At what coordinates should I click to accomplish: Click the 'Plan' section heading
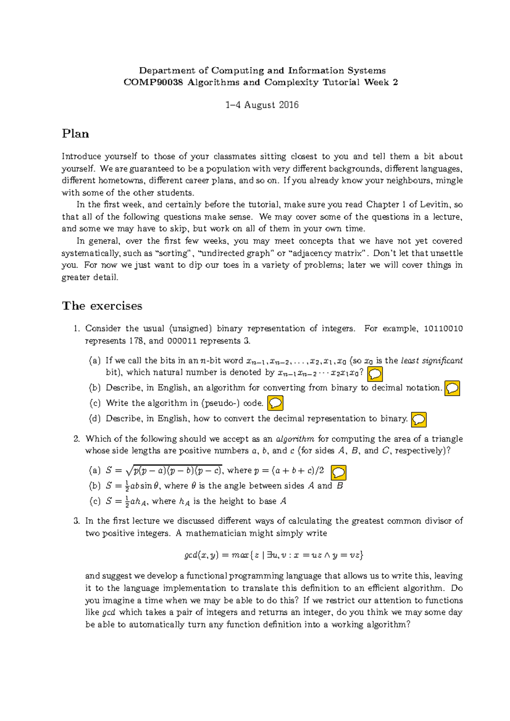[x=75, y=134]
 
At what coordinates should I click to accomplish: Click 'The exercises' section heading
[x=102, y=306]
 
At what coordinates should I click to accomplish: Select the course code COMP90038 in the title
[x=153, y=82]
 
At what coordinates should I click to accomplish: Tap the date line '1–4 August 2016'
[x=262, y=105]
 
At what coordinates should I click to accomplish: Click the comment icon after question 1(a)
[x=375, y=374]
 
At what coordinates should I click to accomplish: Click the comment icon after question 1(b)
[x=452, y=388]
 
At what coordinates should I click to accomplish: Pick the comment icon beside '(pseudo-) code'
[x=275, y=403]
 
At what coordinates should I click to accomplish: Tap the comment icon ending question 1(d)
[x=419, y=420]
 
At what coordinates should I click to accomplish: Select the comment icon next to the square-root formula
[x=339, y=473]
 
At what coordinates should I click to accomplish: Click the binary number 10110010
[x=443, y=329]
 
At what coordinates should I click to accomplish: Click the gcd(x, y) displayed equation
[x=274, y=555]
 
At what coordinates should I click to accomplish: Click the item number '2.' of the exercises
[x=76, y=439]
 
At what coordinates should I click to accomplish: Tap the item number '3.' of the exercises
[x=76, y=521]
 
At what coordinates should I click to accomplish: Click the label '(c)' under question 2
[x=94, y=501]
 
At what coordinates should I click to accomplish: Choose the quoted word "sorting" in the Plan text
[x=174, y=253]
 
